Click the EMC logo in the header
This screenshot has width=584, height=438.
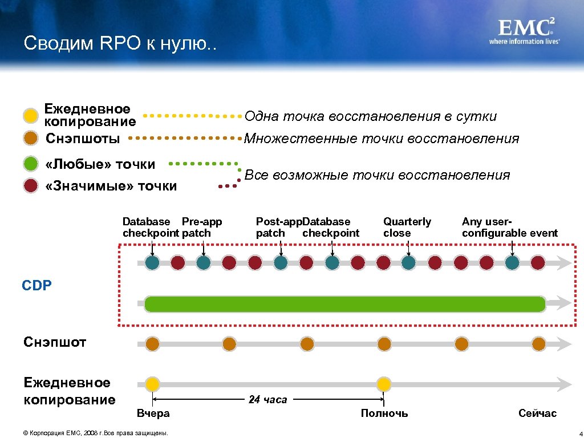tap(524, 31)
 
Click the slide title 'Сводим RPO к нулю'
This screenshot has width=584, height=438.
tap(120, 44)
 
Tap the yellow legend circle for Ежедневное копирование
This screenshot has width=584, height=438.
tap(31, 115)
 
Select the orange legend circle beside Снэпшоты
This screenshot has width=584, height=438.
tap(31, 138)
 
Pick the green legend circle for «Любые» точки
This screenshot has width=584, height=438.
tap(31, 164)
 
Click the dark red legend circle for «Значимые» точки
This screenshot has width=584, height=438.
tap(31, 186)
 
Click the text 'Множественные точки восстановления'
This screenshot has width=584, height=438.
tap(382, 139)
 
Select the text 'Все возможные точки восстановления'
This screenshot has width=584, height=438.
tap(377, 175)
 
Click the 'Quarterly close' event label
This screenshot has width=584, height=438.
tap(407, 227)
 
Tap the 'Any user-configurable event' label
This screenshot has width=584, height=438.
tap(509, 227)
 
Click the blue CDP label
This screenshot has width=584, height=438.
tap(37, 285)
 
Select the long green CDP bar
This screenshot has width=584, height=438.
tap(344, 304)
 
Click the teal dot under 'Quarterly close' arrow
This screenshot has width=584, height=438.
tap(409, 262)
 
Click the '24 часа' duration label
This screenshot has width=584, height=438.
tap(267, 400)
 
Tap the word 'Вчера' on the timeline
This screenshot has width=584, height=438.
tap(153, 413)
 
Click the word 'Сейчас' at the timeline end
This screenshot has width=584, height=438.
tap(537, 413)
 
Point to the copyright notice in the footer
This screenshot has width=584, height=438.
tap(95, 433)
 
